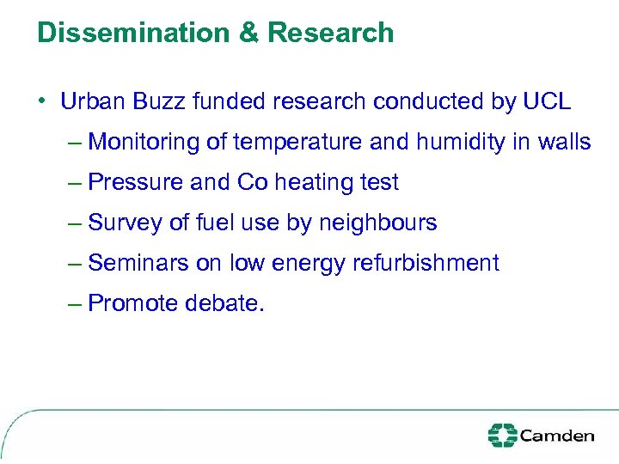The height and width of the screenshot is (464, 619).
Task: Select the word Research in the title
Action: coord(331,34)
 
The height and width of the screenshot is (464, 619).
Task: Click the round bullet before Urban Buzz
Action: coord(40,101)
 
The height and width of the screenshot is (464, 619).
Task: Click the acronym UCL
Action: coord(546,101)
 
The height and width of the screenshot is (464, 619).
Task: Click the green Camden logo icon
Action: coord(501,435)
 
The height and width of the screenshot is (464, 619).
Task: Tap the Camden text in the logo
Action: coord(556,435)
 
